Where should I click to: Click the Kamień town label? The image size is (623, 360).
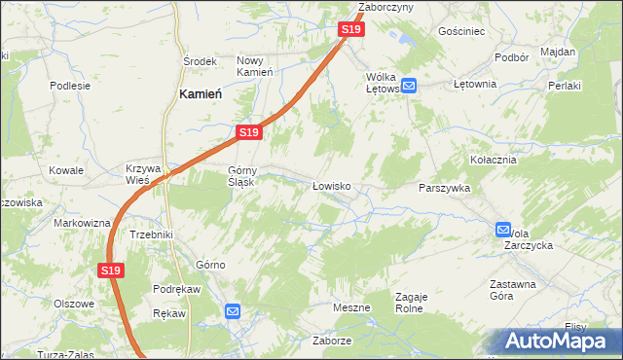pyautogui.click(x=202, y=93)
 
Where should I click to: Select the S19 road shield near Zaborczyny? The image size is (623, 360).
pyautogui.click(x=351, y=30)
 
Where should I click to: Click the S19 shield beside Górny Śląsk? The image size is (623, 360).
pyautogui.click(x=248, y=132)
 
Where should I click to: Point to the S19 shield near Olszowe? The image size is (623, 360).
pyautogui.click(x=111, y=270)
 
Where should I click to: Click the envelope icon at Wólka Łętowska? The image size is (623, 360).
pyautogui.click(x=410, y=86)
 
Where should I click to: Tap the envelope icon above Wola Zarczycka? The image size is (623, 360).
pyautogui.click(x=502, y=230)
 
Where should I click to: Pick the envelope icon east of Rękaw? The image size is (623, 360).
pyautogui.click(x=233, y=311)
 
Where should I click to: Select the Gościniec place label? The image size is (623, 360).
pyautogui.click(x=461, y=31)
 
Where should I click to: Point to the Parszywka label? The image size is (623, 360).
pyautogui.click(x=444, y=188)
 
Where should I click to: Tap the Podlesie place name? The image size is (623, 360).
pyautogui.click(x=70, y=85)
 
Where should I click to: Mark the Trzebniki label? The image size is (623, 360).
pyautogui.click(x=151, y=234)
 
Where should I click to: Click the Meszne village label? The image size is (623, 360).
pyautogui.click(x=351, y=307)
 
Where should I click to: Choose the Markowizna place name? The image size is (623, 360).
pyautogui.click(x=82, y=223)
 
